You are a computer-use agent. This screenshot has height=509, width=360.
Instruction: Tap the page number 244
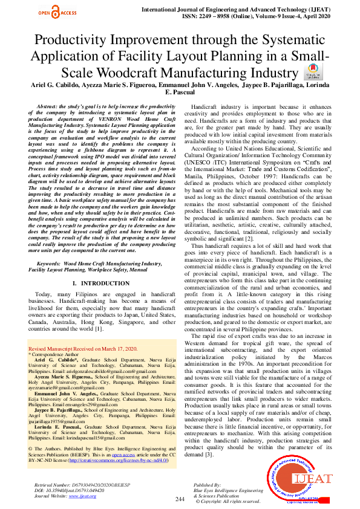pyautogui.click(x=180, y=499)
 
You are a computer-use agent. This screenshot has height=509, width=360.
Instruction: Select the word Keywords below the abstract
pyautogui.click(x=48, y=265)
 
